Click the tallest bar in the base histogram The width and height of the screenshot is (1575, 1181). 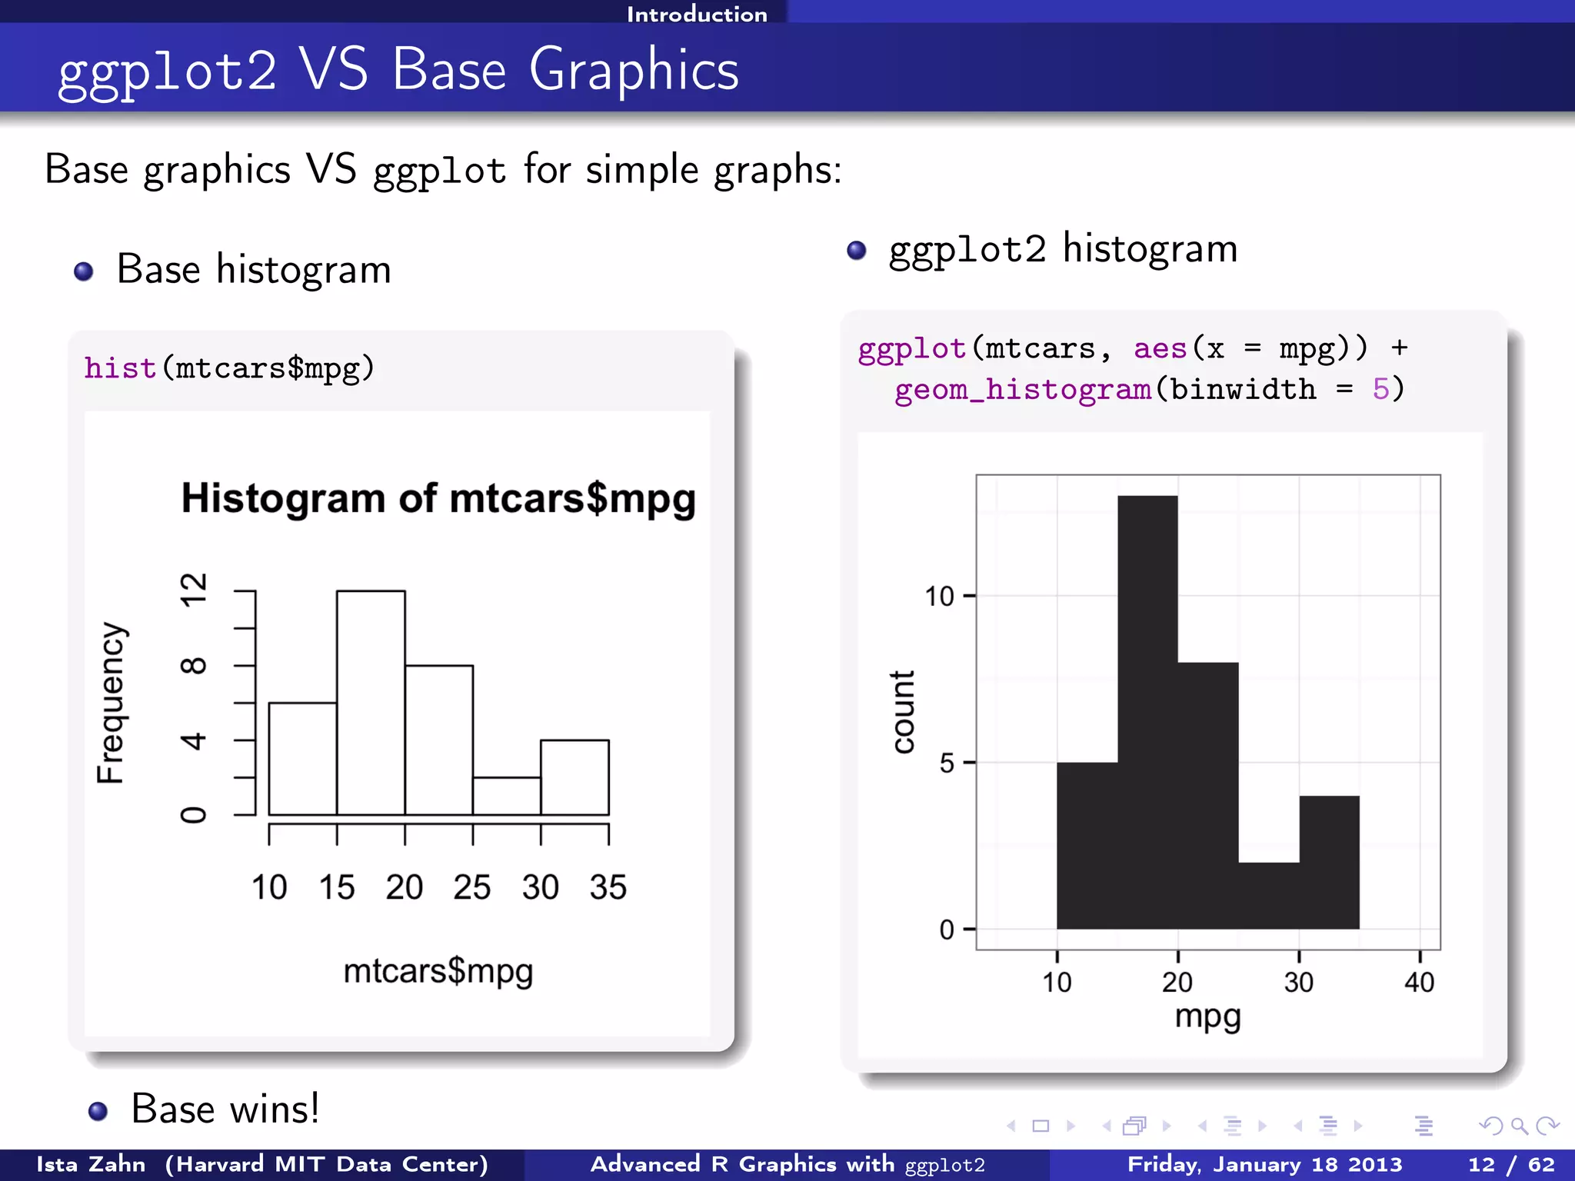[371, 703]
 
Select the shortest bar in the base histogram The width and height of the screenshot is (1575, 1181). [507, 796]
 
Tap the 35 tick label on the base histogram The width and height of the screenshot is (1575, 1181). [608, 887]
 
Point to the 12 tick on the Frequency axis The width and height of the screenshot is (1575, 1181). [194, 590]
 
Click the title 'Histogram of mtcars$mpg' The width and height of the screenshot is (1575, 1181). [438, 498]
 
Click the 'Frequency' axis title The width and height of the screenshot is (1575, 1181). [111, 703]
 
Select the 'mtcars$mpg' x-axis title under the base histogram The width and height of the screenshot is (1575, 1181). [438, 971]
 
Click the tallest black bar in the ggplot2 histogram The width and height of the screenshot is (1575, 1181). [1147, 712]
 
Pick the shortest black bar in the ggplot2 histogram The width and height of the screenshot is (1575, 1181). [1269, 896]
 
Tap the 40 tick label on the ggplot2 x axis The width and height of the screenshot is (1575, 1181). [1419, 983]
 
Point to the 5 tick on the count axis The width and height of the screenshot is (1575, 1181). [947, 763]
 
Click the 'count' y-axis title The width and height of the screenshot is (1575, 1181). [903, 712]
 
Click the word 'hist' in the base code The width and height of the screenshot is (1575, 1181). [121, 368]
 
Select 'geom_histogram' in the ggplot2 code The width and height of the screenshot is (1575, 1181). [1023, 390]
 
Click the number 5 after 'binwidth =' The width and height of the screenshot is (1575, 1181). [1381, 390]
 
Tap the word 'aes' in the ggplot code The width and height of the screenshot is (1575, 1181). [1160, 349]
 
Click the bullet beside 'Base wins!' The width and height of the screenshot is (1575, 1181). [98, 1111]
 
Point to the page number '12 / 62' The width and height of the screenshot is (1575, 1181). [1511, 1165]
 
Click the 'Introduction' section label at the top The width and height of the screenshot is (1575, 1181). [697, 14]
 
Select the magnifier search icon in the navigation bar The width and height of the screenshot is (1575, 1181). [1519, 1126]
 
